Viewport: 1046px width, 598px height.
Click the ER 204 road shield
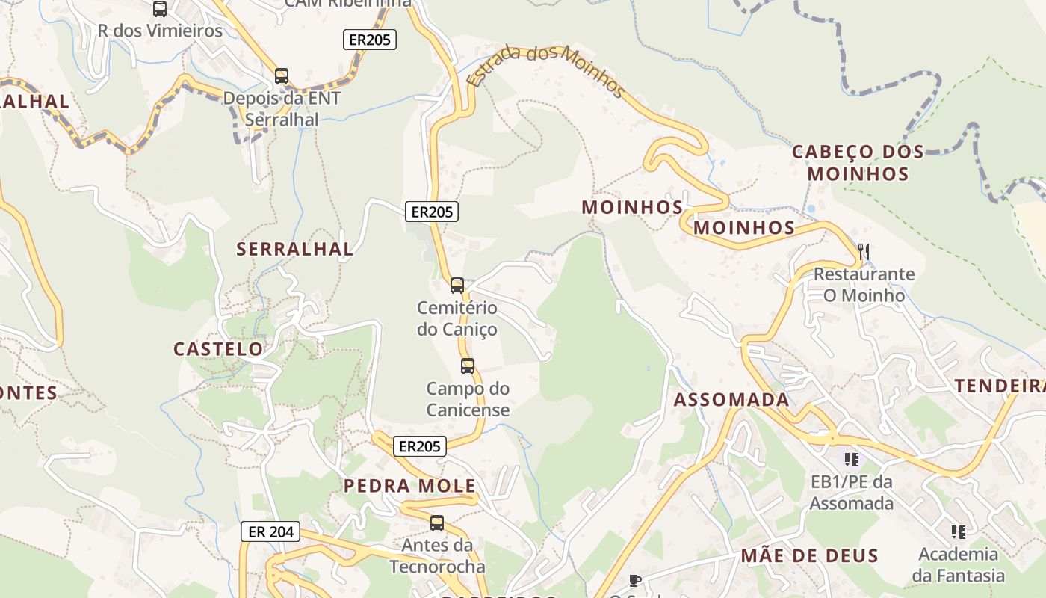pyautogui.click(x=270, y=531)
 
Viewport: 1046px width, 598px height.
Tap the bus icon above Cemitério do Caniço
pyautogui.click(x=457, y=286)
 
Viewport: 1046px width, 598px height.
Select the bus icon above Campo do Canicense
pyautogui.click(x=468, y=366)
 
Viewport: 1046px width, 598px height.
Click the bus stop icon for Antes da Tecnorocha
pyautogui.click(x=437, y=523)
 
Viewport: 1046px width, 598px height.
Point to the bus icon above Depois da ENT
pyautogui.click(x=282, y=76)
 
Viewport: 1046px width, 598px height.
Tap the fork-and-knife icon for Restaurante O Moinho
pyautogui.click(x=864, y=251)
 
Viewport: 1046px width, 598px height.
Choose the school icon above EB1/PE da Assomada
pyautogui.click(x=851, y=459)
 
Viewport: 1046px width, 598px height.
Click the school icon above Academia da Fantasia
pyautogui.click(x=959, y=532)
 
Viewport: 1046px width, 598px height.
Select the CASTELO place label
pyautogui.click(x=218, y=348)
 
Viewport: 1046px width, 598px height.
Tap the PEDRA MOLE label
pyautogui.click(x=409, y=486)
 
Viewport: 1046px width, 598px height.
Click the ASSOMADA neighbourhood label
pyautogui.click(x=731, y=399)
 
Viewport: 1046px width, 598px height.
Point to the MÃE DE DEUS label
pyautogui.click(x=809, y=555)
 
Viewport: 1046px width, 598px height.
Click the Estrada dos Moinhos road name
pyautogui.click(x=545, y=73)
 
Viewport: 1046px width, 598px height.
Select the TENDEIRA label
pyautogui.click(x=1000, y=386)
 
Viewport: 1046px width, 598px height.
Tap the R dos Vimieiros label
pyautogui.click(x=161, y=31)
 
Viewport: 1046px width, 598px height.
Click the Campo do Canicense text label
pyautogui.click(x=468, y=399)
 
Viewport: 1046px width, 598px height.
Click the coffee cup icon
pyautogui.click(x=634, y=579)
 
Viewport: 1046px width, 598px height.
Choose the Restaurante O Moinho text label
pyautogui.click(x=864, y=284)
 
